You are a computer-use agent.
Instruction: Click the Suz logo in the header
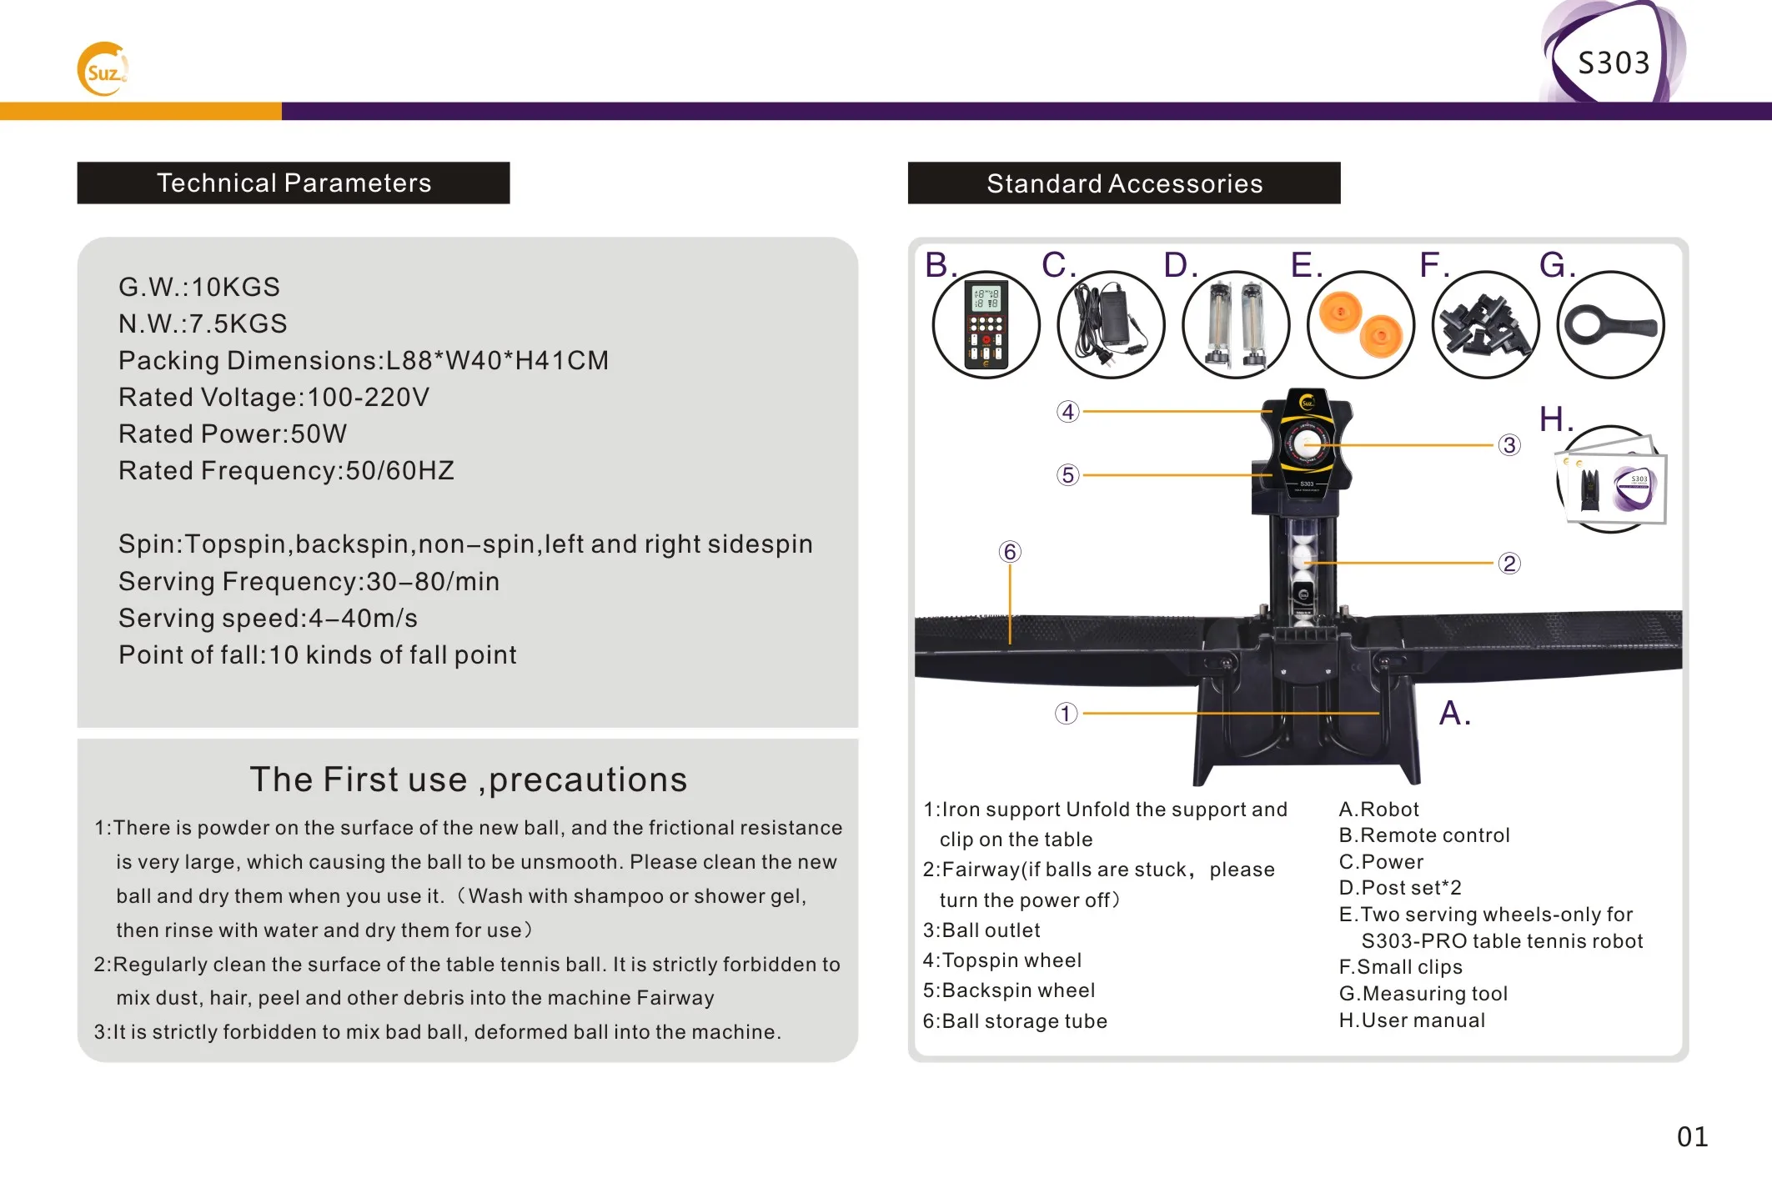coord(103,70)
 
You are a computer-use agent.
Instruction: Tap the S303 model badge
coord(1613,63)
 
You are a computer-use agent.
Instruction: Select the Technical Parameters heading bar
coord(294,183)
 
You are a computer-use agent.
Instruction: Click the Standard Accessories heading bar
coord(1124,183)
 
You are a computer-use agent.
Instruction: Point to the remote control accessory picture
coord(986,325)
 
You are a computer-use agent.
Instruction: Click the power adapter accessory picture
coord(1111,325)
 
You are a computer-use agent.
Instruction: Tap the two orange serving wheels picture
coord(1361,325)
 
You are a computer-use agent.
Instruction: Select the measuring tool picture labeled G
coord(1610,325)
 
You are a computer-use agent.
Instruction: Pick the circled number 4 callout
coord(1068,412)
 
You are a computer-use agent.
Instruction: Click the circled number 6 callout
coord(1010,552)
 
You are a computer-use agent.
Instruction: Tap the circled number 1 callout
coord(1066,714)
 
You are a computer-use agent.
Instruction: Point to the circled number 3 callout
coord(1509,445)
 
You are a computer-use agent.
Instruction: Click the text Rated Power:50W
coord(233,434)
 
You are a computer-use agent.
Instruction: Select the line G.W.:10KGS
coord(199,287)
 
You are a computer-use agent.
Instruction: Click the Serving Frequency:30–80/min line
coord(309,581)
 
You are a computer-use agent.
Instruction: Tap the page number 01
coord(1692,1136)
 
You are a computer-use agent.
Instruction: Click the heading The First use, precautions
coord(468,779)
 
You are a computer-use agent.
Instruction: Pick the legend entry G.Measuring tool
coord(1423,994)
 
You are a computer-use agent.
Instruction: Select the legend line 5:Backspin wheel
coord(1009,990)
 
